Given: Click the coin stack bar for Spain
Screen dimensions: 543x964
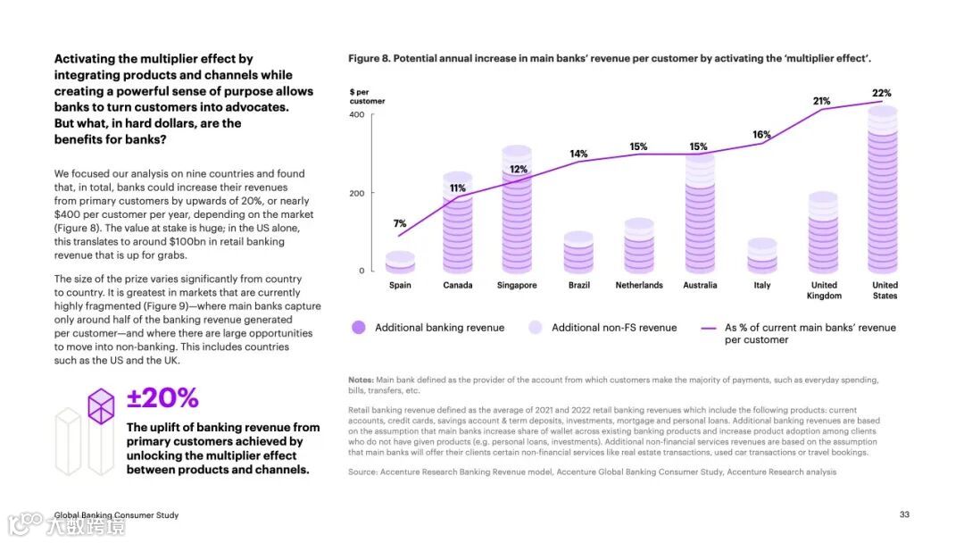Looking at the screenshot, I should [x=400, y=262].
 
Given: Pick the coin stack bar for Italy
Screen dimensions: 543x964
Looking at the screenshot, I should [x=761, y=255].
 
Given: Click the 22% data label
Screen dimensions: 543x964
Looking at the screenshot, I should [x=881, y=93].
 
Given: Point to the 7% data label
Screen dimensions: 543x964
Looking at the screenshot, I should [x=400, y=223].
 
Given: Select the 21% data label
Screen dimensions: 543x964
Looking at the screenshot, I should [x=821, y=101].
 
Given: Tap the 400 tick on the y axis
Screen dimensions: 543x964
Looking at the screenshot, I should [x=356, y=114].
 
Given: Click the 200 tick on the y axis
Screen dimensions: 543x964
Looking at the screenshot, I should [x=356, y=193].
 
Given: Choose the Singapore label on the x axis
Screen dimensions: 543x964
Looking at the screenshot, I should [x=517, y=285].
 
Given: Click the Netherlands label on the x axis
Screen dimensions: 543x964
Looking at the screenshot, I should [x=639, y=285].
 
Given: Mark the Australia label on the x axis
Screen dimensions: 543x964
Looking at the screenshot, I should [x=700, y=285].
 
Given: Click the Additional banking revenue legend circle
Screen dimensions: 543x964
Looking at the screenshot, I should [x=359, y=328].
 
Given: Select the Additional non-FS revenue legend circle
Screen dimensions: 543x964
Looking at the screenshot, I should [x=536, y=328].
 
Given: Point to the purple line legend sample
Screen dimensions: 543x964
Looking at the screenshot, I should [x=709, y=328].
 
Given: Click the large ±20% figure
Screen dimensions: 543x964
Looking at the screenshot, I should [x=162, y=398].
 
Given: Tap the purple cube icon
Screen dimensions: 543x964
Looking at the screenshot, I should [x=101, y=405].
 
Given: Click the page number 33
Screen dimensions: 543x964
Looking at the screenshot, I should [x=904, y=514].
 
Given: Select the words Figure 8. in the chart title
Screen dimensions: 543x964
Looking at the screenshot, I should [x=368, y=58].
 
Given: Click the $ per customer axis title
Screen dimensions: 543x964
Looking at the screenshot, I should [x=367, y=96].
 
